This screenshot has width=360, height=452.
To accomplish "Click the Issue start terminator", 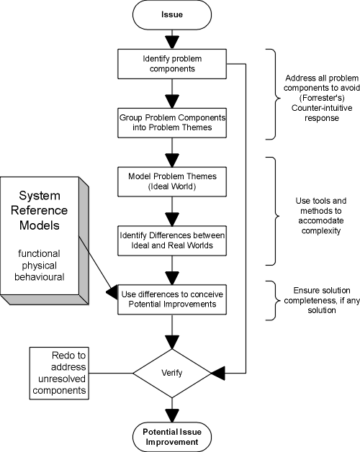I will (x=171, y=14).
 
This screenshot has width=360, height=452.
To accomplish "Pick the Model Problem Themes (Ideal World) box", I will (x=171, y=178).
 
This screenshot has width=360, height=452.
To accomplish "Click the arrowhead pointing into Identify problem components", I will (x=171, y=41).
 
